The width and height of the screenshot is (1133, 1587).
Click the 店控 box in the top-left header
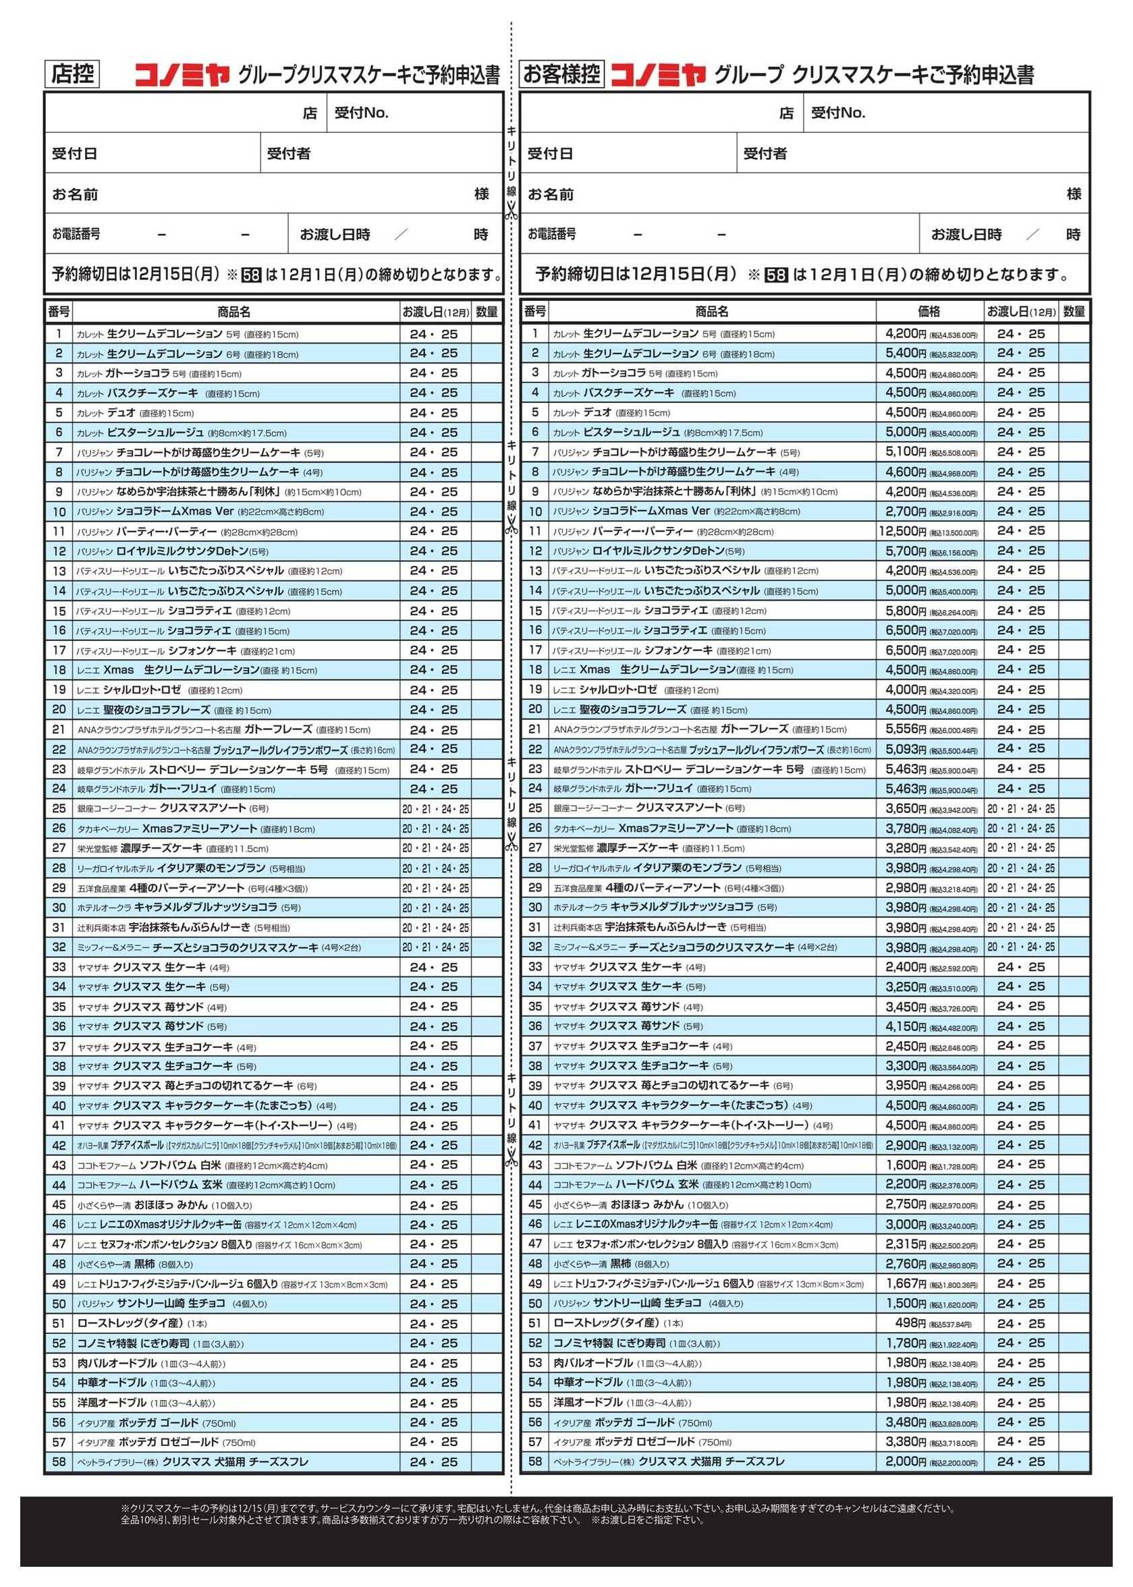coord(73,74)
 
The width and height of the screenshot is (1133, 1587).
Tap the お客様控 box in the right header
coord(561,74)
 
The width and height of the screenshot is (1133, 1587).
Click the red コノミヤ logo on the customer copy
coord(659,75)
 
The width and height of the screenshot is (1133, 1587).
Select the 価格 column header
coord(929,311)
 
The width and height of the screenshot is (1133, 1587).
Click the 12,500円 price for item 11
coord(903,532)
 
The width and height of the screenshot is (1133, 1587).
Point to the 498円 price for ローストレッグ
coord(910,1323)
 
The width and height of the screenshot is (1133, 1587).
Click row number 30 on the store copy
coord(59,908)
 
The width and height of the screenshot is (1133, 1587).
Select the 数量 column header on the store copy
coord(487,312)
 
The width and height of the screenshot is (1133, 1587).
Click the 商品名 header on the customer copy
coord(712,312)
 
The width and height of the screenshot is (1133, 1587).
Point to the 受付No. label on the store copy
coord(361,113)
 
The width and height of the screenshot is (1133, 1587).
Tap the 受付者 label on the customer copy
coord(765,153)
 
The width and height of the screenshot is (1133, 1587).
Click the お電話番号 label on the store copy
coord(76,234)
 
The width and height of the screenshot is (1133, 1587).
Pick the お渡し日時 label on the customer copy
coord(966,234)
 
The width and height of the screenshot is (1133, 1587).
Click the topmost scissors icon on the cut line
coord(512,208)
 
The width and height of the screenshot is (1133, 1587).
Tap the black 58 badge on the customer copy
coord(776,275)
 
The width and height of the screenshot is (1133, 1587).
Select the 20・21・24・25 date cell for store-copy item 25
coord(435,809)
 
